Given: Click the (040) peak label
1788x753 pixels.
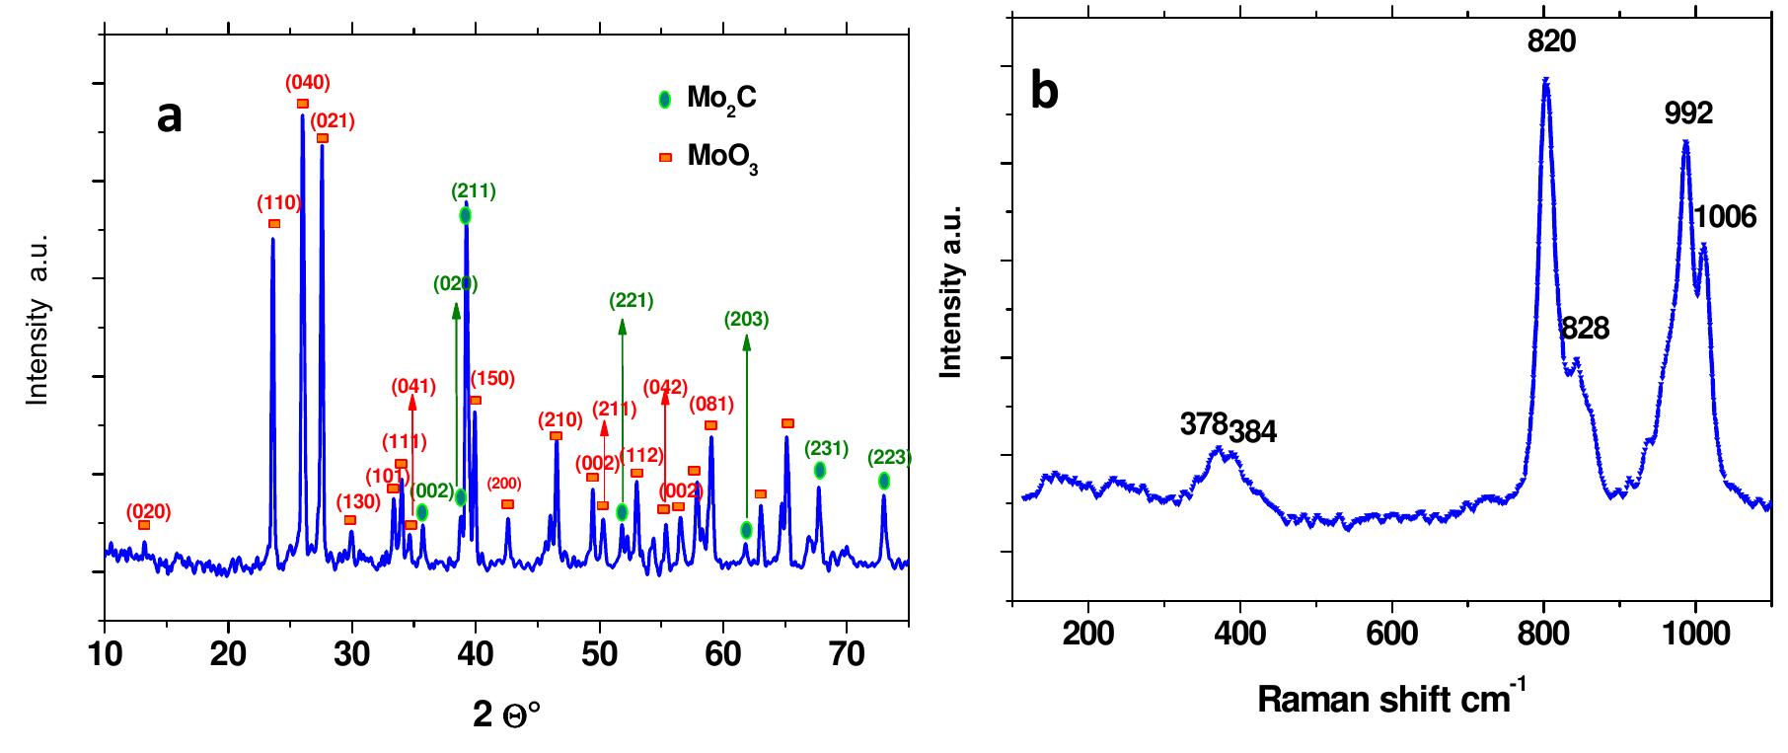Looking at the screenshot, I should click(x=308, y=83).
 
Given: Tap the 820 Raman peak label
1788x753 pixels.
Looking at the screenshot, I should click(x=1551, y=40).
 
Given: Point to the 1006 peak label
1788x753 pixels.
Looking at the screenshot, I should click(x=1725, y=216).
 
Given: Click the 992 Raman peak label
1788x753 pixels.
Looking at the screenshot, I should click(x=1688, y=114).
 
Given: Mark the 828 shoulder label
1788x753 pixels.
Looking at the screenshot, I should click(x=1586, y=329).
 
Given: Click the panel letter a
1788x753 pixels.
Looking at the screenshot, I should click(x=170, y=116).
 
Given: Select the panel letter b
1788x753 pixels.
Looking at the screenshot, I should click(x=1044, y=92).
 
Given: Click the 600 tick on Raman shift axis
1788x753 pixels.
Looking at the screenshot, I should click(x=1392, y=633).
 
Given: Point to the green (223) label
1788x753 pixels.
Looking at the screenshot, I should click(x=889, y=458).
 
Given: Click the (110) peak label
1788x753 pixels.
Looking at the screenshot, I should click(x=278, y=203).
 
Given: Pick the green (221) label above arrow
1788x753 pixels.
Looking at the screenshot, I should click(x=632, y=301).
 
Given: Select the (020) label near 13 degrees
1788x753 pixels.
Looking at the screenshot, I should click(x=148, y=511).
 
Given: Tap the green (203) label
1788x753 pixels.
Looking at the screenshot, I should click(x=746, y=319).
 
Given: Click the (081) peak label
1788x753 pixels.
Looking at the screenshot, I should click(x=710, y=405).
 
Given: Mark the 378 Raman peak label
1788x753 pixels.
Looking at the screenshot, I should click(x=1203, y=424).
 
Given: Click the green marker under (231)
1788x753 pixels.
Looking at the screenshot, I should click(x=820, y=471).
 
